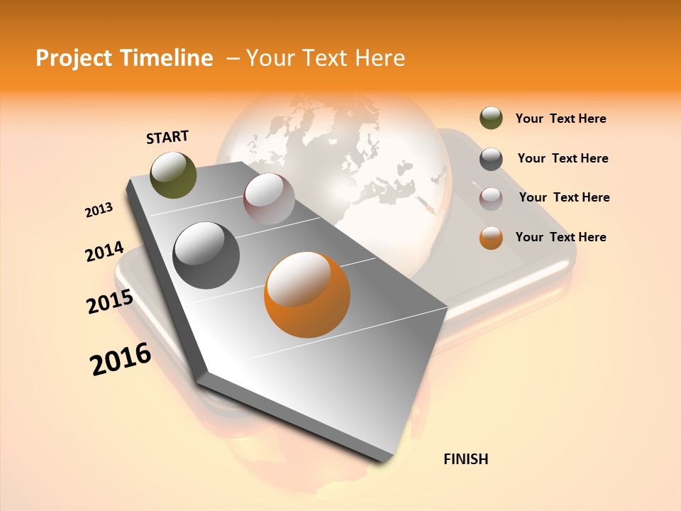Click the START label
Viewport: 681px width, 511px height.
tap(167, 137)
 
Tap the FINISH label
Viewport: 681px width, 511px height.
tap(465, 459)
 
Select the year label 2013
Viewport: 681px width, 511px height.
tap(99, 210)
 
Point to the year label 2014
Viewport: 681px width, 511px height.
tap(104, 252)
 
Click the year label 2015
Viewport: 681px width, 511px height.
tap(109, 302)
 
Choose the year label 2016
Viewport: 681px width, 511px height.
tap(121, 359)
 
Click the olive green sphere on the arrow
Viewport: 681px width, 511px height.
tap(174, 175)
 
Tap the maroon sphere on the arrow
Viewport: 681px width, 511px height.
tap(269, 199)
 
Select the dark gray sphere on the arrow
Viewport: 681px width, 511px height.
tap(206, 255)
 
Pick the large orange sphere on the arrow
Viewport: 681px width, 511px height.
tap(307, 295)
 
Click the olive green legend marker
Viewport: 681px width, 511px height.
tap(491, 119)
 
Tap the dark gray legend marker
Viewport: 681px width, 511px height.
tap(491, 159)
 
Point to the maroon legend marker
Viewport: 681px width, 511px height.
tap(491, 198)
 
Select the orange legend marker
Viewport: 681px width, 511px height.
tap(491, 238)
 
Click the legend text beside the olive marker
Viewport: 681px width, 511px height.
tap(560, 119)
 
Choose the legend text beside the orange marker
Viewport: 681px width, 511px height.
tap(560, 237)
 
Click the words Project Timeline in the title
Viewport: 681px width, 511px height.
tap(124, 58)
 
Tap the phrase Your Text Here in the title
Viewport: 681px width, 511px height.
tap(325, 58)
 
